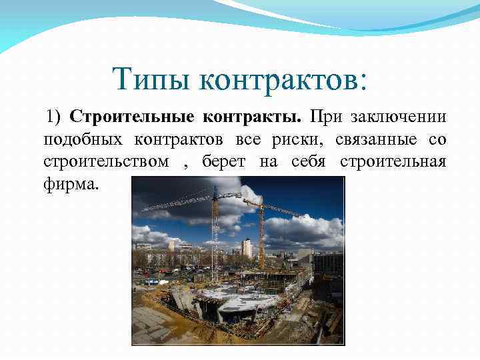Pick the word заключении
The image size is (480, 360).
(400, 118)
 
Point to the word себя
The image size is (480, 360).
(308, 162)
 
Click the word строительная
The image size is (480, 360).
(393, 162)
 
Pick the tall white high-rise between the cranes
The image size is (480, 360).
(247, 249)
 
